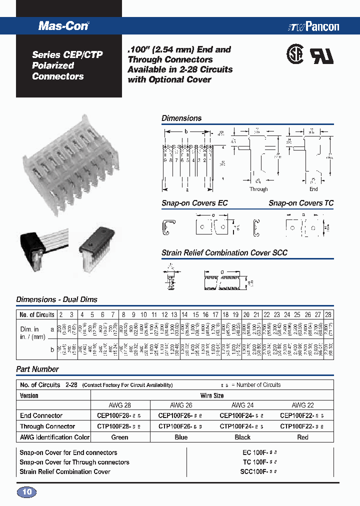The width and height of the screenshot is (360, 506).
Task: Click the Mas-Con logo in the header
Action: point(63,26)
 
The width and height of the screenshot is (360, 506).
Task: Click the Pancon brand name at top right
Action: point(315,27)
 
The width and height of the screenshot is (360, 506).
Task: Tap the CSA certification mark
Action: point(294,54)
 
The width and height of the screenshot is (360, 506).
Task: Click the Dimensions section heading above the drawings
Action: point(181,118)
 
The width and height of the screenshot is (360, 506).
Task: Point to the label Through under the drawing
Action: point(258,189)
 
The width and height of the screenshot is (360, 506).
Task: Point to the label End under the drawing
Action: point(313,189)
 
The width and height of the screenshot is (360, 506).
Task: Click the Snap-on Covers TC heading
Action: point(300,203)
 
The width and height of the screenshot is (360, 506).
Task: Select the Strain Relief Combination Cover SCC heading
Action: point(224,253)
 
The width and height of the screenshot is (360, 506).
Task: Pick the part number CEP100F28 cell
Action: point(120,415)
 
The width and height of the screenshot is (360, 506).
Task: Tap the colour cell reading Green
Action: point(120,437)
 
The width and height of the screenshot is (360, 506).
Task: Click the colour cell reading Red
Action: point(302,437)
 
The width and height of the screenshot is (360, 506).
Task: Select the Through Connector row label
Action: point(47,426)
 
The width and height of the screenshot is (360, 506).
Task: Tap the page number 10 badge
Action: point(27,492)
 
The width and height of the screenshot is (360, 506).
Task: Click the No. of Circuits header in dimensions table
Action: point(36,314)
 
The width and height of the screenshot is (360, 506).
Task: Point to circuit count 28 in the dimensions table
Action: point(328,314)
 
